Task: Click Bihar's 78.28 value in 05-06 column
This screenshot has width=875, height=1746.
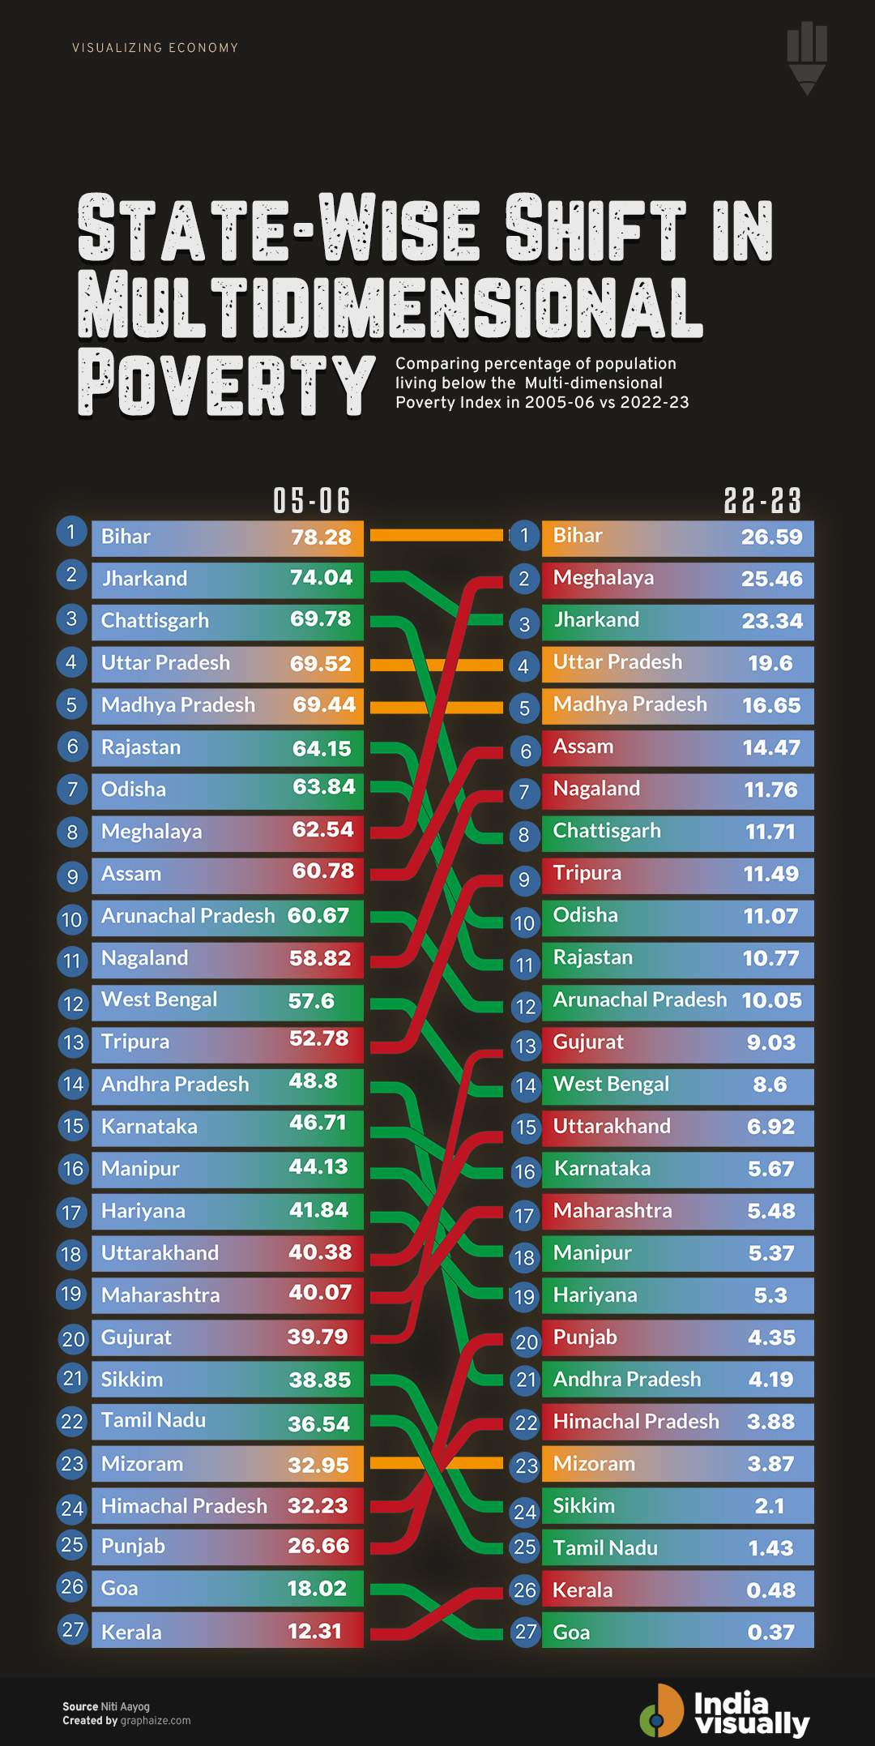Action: [x=321, y=537]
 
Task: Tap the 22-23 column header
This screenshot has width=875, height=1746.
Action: [x=762, y=501]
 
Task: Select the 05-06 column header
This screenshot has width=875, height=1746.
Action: [x=312, y=501]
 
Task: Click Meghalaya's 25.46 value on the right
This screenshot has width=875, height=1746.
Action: [x=771, y=579]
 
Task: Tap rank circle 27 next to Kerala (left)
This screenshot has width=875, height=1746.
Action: [x=73, y=1629]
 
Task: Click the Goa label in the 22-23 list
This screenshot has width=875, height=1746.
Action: [x=571, y=1632]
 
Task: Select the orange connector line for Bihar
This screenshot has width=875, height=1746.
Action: [x=436, y=535]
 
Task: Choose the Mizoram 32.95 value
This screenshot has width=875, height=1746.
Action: [x=318, y=1466]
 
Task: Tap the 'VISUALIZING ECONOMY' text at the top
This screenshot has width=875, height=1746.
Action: [x=155, y=48]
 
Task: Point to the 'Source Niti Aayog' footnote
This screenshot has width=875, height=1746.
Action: [x=106, y=1706]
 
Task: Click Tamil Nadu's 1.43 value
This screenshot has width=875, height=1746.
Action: [x=770, y=1548]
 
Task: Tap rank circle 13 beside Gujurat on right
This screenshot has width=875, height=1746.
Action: [x=526, y=1046]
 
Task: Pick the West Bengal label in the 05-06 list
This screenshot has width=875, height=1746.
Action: [x=159, y=999]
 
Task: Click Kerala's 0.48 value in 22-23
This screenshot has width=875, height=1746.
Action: [x=770, y=1590]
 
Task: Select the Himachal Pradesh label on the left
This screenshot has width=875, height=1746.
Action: [x=184, y=1506]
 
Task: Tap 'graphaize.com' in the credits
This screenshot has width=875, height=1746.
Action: [x=156, y=1721]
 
